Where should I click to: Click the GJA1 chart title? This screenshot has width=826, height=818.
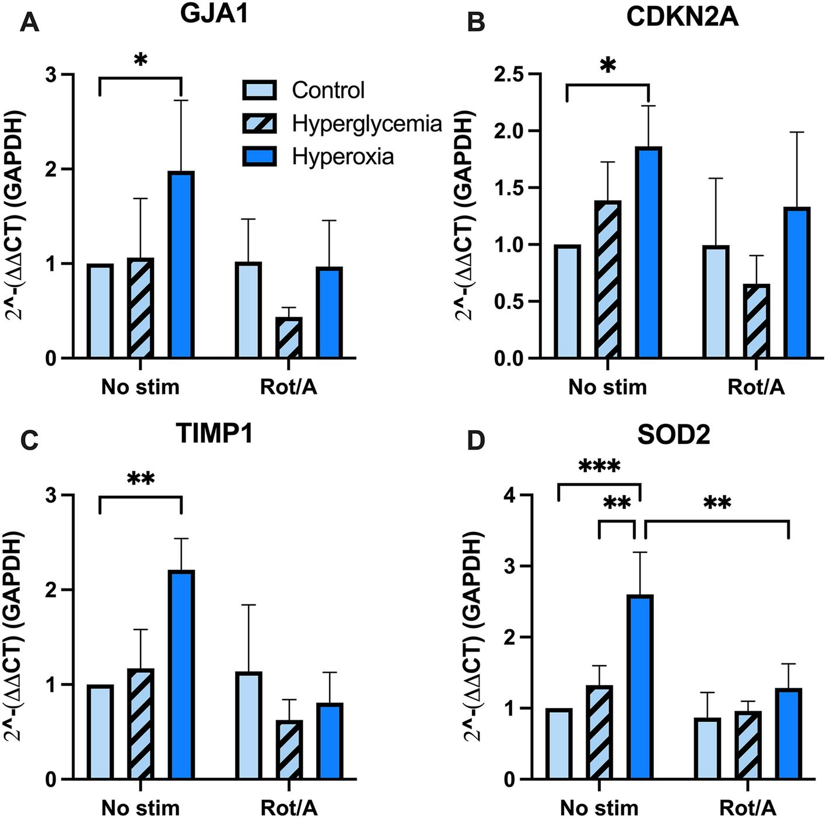tap(215, 14)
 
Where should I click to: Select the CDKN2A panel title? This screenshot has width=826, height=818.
tap(682, 18)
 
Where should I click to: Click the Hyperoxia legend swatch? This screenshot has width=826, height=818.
tap(260, 156)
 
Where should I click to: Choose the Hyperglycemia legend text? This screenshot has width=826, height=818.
tap(367, 124)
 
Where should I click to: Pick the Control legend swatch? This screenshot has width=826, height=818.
tap(260, 90)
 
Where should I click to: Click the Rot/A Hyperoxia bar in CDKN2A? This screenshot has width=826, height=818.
tap(797, 283)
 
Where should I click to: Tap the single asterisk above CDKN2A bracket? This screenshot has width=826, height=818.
tap(608, 65)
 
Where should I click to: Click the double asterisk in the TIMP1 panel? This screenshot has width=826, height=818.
tap(141, 479)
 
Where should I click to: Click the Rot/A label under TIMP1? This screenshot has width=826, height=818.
tap(289, 808)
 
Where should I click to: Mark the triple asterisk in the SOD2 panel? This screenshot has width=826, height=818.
tap(599, 467)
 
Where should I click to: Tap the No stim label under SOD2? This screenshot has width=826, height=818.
tap(599, 808)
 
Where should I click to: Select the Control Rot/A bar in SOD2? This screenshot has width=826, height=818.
tap(708, 749)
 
